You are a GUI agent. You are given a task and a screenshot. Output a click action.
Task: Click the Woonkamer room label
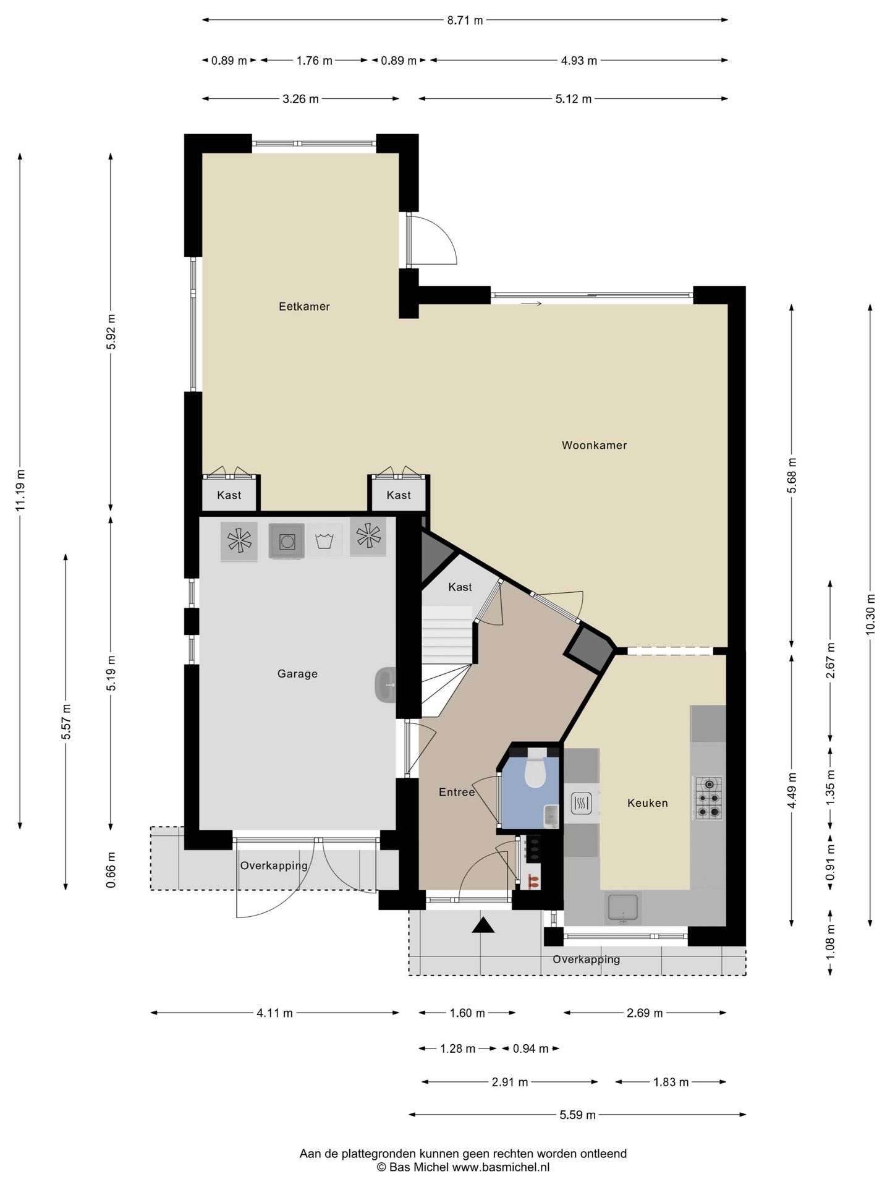pyautogui.click(x=594, y=445)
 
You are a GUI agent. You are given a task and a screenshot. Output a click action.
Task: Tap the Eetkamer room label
pyautogui.click(x=304, y=307)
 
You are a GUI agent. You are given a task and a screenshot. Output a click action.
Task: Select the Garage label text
pyautogui.click(x=297, y=674)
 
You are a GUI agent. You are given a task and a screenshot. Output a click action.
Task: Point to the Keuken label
pyautogui.click(x=647, y=803)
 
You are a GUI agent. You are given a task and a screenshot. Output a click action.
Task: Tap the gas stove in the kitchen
pyautogui.click(x=709, y=798)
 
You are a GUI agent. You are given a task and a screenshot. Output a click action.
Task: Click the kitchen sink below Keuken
pyautogui.click(x=624, y=908)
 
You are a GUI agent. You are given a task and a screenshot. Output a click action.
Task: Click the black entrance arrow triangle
pyautogui.click(x=483, y=925)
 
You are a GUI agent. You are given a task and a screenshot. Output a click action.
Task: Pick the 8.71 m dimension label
pyautogui.click(x=465, y=20)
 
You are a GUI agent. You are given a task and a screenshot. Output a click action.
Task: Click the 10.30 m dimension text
pyautogui.click(x=870, y=614)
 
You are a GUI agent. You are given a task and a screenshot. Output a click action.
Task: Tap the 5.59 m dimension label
pyautogui.click(x=577, y=1115)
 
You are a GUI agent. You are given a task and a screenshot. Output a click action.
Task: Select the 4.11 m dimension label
pyautogui.click(x=274, y=1013)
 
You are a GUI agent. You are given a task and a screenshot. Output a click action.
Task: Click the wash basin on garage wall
pyautogui.click(x=384, y=685)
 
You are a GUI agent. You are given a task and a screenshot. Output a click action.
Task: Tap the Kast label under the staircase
pyautogui.click(x=460, y=587)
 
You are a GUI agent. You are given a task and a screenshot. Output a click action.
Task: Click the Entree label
pyautogui.click(x=457, y=792)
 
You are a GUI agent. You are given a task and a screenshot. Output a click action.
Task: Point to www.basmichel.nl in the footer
pyautogui.click(x=501, y=1167)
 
